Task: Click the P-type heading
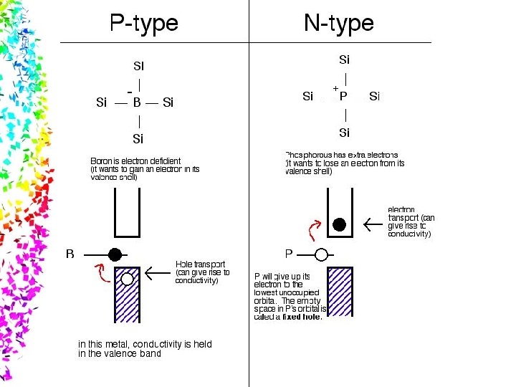pyautogui.click(x=143, y=24)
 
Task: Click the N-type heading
pyautogui.click(x=338, y=24)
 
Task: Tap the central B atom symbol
pyautogui.click(x=136, y=102)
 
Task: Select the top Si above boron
pyautogui.click(x=138, y=66)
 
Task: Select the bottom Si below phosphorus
pyautogui.click(x=344, y=133)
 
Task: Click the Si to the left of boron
pyautogui.click(x=101, y=102)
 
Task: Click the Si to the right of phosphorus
pyautogui.click(x=375, y=96)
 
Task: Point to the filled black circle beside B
pyautogui.click(x=115, y=254)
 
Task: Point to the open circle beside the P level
pyautogui.click(x=321, y=254)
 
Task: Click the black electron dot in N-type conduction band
pyautogui.click(x=339, y=224)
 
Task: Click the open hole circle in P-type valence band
pyautogui.click(x=127, y=278)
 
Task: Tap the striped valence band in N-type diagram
pyautogui.click(x=340, y=292)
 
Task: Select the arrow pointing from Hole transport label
pyautogui.click(x=157, y=272)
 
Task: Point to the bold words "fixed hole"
pyautogui.click(x=301, y=317)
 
